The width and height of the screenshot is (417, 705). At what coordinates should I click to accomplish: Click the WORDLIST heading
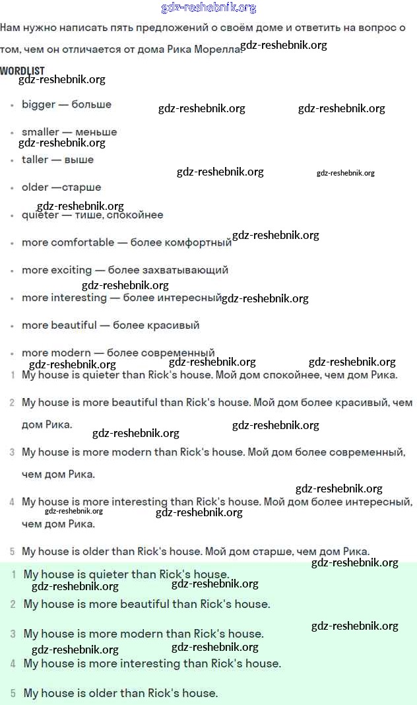tap(22, 71)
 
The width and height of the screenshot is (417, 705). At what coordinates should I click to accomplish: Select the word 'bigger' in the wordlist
tap(38, 104)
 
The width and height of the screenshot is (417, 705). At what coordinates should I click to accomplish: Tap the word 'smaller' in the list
tap(40, 132)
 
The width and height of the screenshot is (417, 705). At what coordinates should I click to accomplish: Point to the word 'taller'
tap(35, 160)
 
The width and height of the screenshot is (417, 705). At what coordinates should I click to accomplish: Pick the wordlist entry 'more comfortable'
tap(68, 242)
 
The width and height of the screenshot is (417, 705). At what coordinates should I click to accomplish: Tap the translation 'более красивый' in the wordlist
tap(156, 325)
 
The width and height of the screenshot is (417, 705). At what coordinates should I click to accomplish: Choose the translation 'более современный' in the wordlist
tap(160, 352)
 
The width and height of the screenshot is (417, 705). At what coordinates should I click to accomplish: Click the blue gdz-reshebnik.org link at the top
tap(208, 8)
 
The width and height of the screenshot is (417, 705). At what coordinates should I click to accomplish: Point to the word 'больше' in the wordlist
tap(91, 104)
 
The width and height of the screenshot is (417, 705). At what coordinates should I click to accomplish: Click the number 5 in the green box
tap(13, 694)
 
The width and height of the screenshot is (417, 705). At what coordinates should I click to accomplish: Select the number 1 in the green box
tap(13, 575)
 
